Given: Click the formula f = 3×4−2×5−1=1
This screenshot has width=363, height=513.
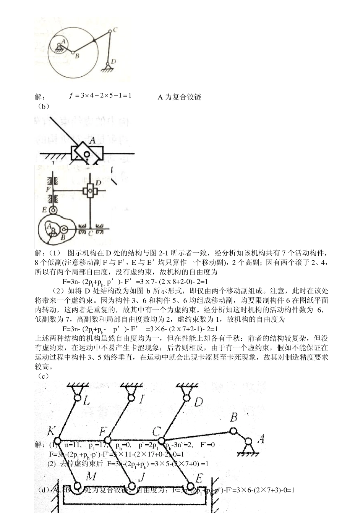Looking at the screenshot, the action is pyautogui.click(x=100, y=95).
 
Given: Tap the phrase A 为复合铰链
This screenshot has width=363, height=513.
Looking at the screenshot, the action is pyautogui.click(x=179, y=97).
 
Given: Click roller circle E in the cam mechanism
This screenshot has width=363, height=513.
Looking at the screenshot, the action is pyautogui.click(x=53, y=210).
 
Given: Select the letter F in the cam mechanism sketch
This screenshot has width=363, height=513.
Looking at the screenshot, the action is pyautogui.click(x=48, y=189).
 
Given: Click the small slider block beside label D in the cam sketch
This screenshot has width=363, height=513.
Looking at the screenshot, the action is pyautogui.click(x=90, y=190).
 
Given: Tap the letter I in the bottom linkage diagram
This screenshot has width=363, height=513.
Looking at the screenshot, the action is pyautogui.click(x=141, y=400).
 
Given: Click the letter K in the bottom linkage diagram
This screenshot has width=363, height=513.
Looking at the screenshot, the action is pyautogui.click(x=51, y=432).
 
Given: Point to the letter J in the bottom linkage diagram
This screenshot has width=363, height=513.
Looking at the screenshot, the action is pyautogui.click(x=141, y=477).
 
